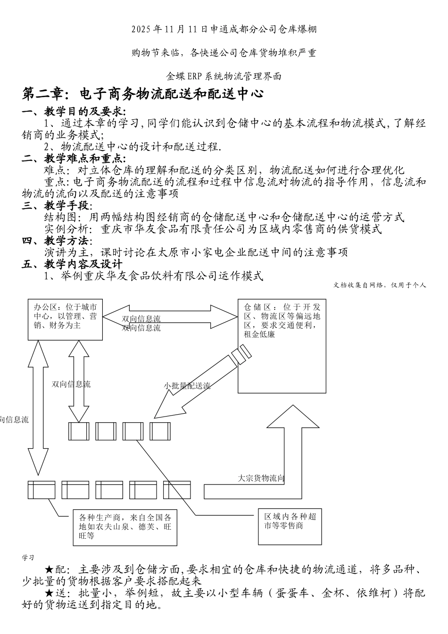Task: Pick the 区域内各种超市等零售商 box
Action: pyautogui.click(x=290, y=526)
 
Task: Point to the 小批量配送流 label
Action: pyautogui.click(x=187, y=386)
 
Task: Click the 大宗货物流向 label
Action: pyautogui.click(x=261, y=478)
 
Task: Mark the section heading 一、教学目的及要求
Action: pyautogui.click(x=74, y=112)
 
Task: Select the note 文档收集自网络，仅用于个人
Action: pyautogui.click(x=380, y=285)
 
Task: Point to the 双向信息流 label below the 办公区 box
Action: pyautogui.click(x=71, y=384)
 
